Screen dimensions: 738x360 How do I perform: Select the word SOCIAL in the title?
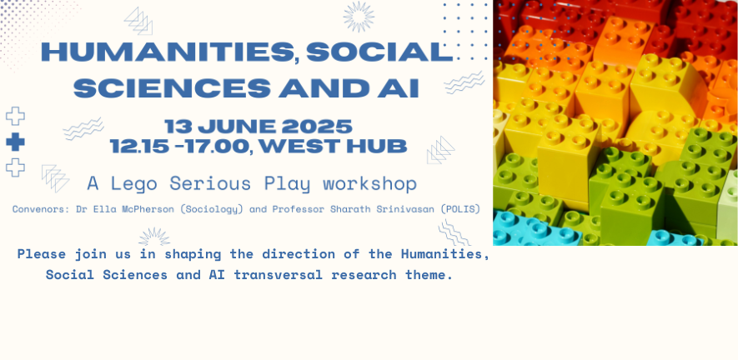(379, 52)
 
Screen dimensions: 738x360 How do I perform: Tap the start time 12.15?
(139, 147)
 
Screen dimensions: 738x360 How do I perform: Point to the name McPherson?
(151, 209)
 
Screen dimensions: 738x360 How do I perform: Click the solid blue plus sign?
(15, 142)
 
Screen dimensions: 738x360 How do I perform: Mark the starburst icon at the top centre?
(359, 17)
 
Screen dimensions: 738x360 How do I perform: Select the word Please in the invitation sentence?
(42, 254)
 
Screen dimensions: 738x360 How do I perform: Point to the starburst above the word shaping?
(154, 236)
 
